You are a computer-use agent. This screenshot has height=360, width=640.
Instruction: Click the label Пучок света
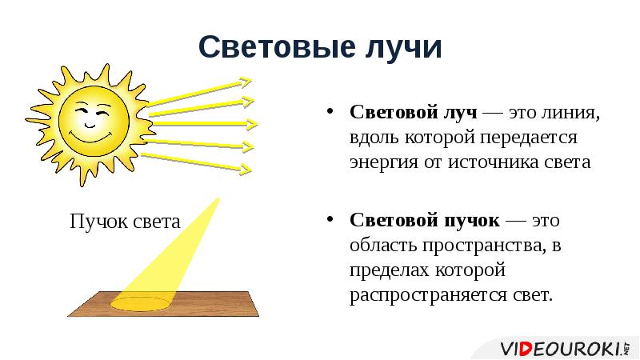point(125,222)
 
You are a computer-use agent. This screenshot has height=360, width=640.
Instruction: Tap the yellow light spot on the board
point(140,303)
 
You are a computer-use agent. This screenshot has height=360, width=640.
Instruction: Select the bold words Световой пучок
point(424,220)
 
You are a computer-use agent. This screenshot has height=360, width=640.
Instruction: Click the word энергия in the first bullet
point(381,162)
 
